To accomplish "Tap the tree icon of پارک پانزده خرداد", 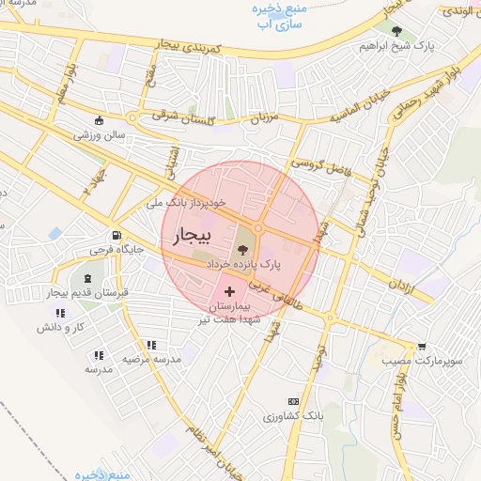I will (x=243, y=250).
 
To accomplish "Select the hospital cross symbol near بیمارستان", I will (x=230, y=293).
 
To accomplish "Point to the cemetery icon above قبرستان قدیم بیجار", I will (x=88, y=279).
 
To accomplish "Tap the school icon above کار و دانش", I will (x=59, y=313).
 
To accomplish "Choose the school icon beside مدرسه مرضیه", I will (x=98, y=355).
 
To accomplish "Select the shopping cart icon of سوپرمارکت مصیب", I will (x=422, y=346).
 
